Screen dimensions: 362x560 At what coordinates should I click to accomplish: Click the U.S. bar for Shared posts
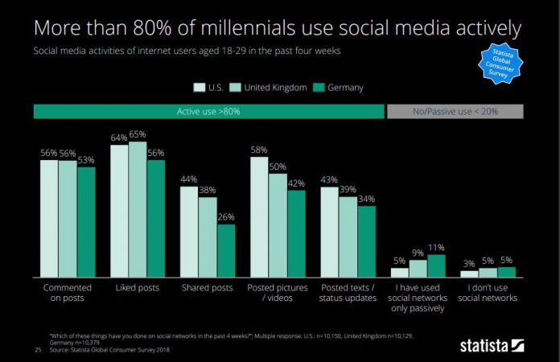coord(188,232)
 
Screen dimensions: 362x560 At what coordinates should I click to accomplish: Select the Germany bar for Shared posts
coord(226,250)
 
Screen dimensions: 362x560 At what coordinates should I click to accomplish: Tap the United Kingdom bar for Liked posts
coord(138,209)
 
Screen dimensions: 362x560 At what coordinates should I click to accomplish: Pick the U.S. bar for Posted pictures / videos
coord(259,217)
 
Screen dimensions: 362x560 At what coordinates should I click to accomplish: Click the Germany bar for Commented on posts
coord(86,221)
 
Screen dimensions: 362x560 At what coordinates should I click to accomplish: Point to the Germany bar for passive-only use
coord(436,265)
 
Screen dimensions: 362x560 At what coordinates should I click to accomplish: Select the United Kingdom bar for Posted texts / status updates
coord(348,237)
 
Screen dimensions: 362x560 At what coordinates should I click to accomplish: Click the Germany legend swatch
coord(319,87)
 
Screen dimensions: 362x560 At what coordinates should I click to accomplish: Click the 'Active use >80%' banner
coord(208,112)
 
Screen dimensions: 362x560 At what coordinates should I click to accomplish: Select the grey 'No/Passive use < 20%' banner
coord(455,112)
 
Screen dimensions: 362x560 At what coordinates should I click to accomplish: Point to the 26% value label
coord(226,216)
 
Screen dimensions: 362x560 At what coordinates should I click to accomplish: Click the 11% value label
coord(436,247)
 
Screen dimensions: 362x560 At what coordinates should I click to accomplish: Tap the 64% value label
coord(119,137)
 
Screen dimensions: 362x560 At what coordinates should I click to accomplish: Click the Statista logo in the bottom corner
coord(492,346)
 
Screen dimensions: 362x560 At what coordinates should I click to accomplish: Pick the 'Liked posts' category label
coord(138,287)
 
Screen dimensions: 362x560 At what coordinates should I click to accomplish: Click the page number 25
coord(37,349)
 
